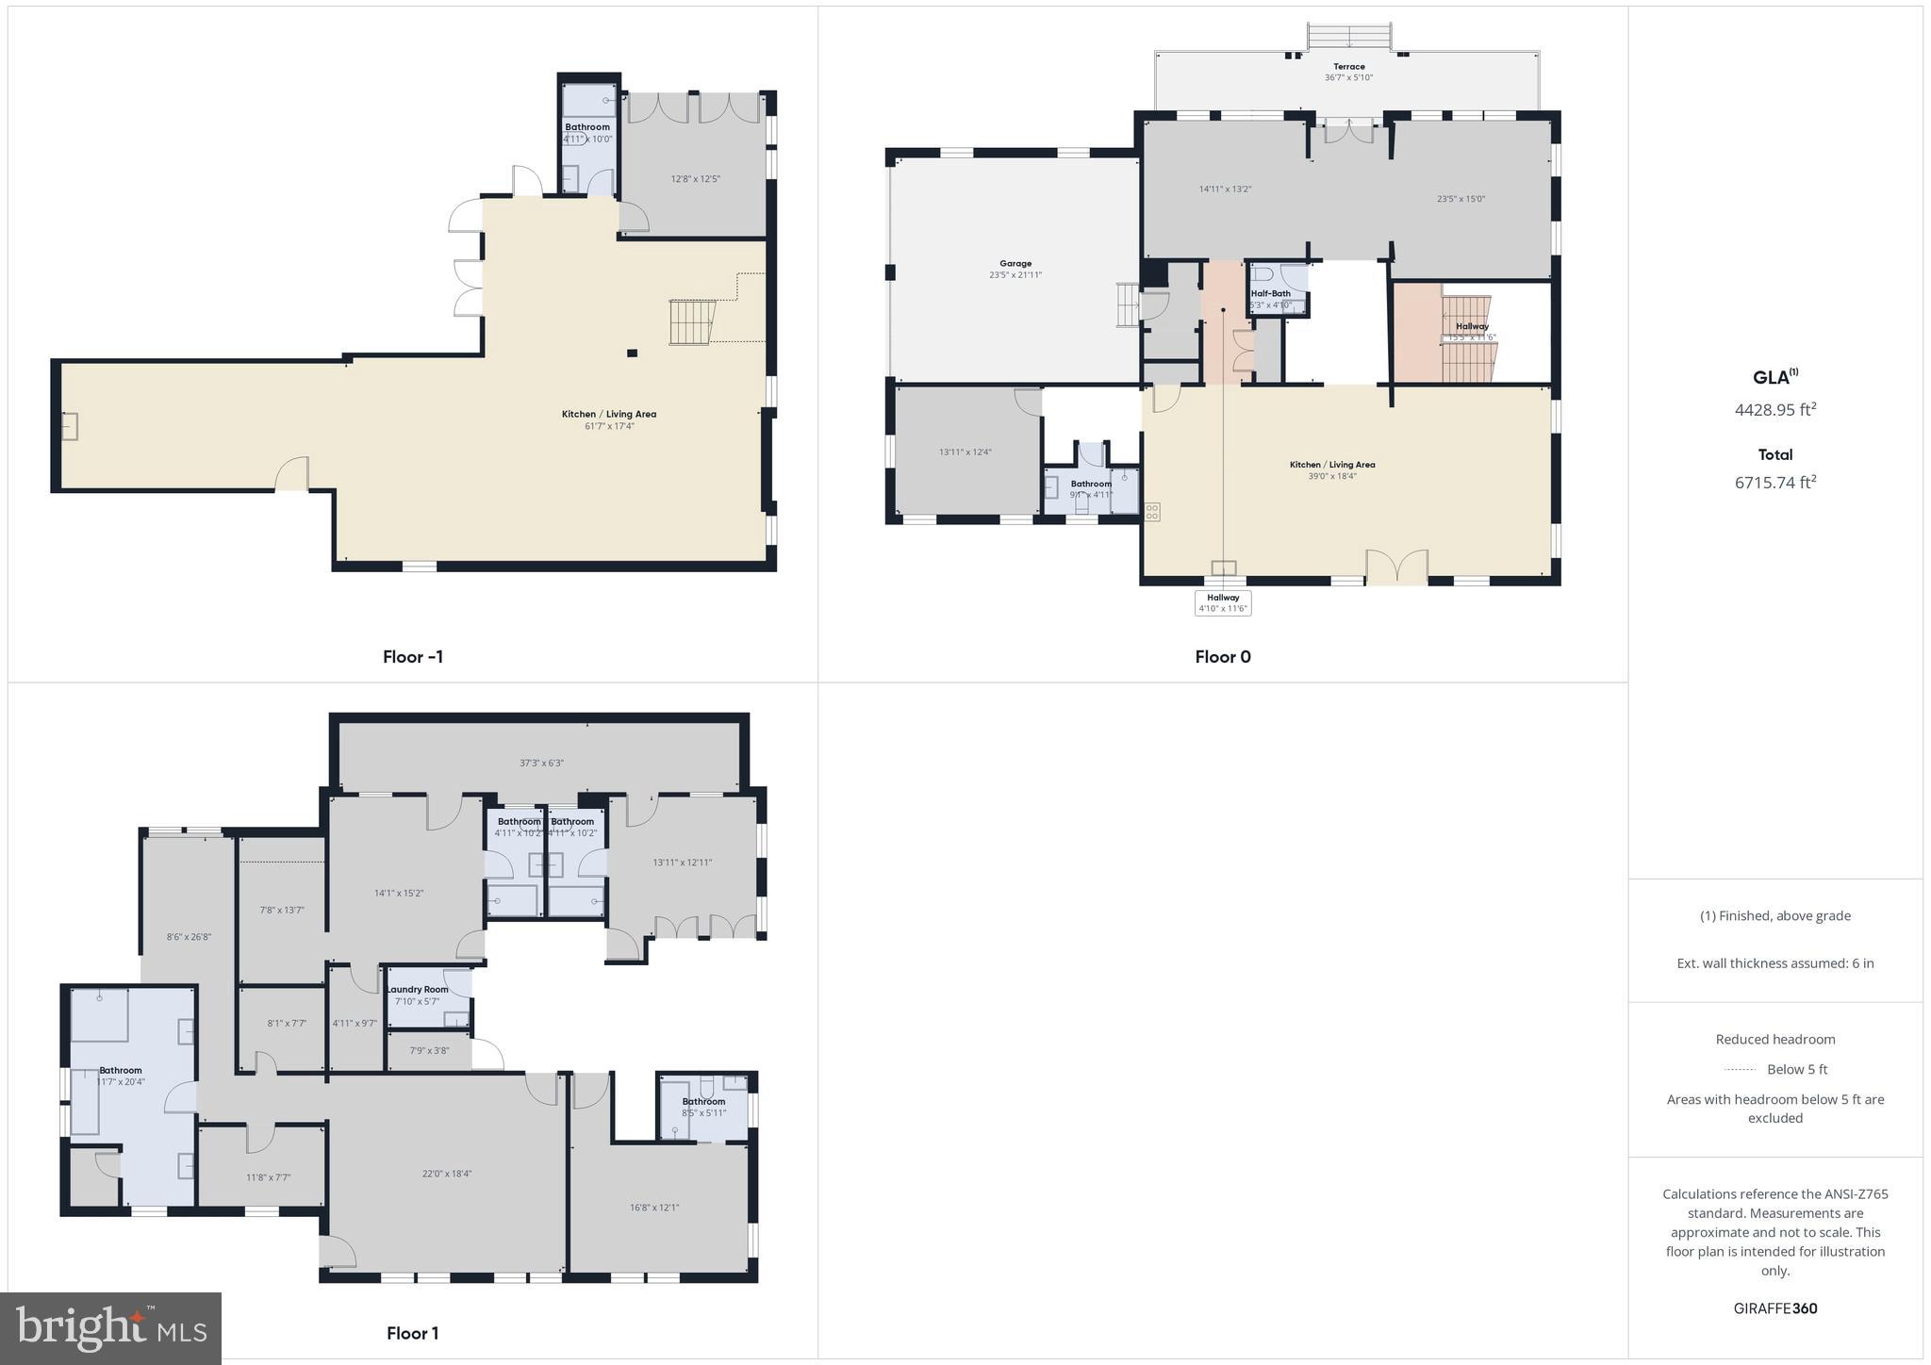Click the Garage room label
[1015, 264]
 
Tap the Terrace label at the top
[1348, 67]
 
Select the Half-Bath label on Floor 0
[1270, 294]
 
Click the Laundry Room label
[417, 990]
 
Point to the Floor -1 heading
[412, 657]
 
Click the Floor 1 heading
[412, 1333]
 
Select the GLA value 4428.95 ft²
[1774, 410]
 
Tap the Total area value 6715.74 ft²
[1774, 483]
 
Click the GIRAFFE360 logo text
[1774, 1308]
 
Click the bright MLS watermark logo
[111, 1328]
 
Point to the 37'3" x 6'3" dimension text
[541, 764]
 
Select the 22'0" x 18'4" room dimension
[447, 1174]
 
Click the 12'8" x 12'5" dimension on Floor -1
[695, 179]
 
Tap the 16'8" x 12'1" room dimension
[654, 1208]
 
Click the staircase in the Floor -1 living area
[691, 322]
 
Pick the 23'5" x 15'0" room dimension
[1461, 199]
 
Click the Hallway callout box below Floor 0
[1223, 603]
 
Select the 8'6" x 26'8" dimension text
[189, 937]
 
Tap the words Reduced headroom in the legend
[1774, 1040]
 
